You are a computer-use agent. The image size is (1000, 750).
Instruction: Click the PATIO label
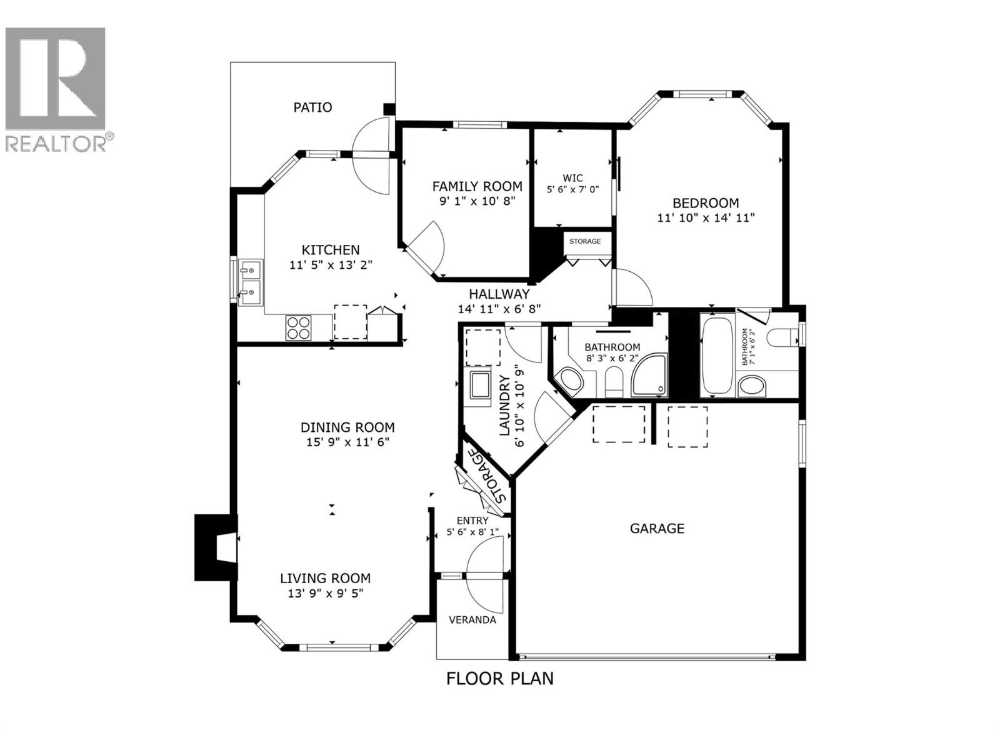[x=312, y=107]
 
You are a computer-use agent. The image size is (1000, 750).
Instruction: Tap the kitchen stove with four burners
[x=299, y=327]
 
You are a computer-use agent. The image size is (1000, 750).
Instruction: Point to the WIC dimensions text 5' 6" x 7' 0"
[x=572, y=189]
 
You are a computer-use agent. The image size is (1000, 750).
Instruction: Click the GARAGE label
[x=657, y=529]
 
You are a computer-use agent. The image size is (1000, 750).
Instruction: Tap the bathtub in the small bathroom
[x=717, y=356]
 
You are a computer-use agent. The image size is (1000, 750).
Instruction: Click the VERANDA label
[x=472, y=620]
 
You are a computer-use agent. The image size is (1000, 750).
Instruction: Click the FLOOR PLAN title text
[x=499, y=678]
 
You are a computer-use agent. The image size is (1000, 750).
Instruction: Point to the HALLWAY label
[x=499, y=294]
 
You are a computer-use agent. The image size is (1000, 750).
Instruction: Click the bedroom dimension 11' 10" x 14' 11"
[x=706, y=218]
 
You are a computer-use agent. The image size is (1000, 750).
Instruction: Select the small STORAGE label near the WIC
[x=585, y=241]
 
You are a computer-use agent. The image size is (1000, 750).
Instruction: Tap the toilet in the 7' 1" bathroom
[x=782, y=337]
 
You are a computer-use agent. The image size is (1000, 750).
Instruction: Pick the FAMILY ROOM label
[x=477, y=186]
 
